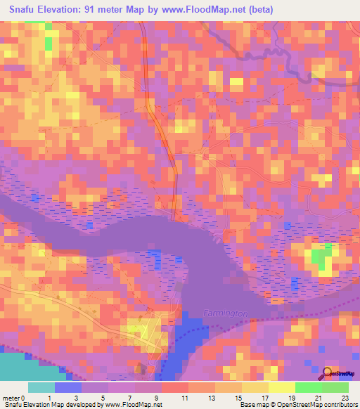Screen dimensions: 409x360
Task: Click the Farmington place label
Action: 224,311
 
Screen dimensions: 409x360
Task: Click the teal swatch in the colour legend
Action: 41,387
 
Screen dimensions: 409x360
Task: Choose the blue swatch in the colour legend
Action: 68,387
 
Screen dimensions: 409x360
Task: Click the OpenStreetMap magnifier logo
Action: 328,373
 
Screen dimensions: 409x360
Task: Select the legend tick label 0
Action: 25,398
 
